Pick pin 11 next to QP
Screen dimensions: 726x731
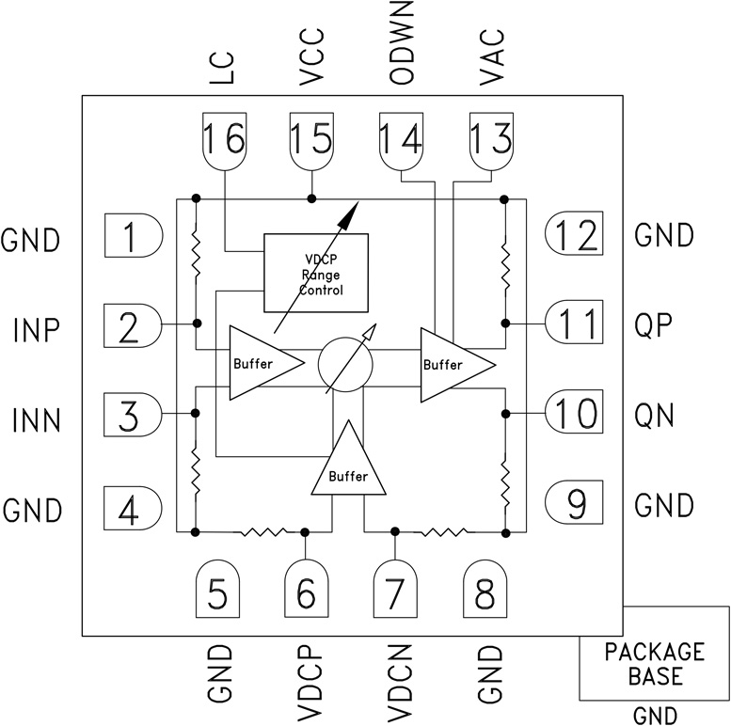click(x=575, y=324)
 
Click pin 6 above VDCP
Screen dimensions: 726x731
click(x=307, y=592)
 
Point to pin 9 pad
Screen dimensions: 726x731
click(x=575, y=505)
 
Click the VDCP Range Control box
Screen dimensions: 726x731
click(x=316, y=273)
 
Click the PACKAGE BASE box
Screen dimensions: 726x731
click(x=654, y=664)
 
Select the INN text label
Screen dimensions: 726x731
click(x=37, y=419)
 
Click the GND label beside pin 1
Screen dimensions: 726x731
click(x=31, y=239)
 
